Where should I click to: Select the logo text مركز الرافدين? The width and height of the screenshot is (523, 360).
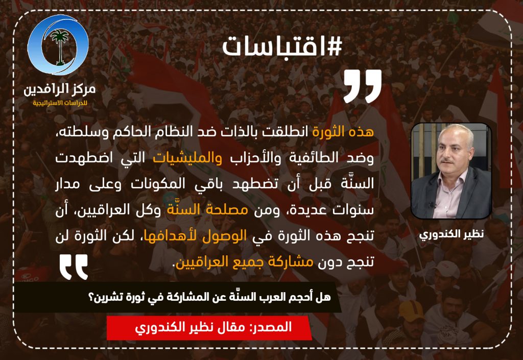(x=59, y=89)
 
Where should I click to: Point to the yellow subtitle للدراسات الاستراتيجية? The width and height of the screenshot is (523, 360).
(x=60, y=103)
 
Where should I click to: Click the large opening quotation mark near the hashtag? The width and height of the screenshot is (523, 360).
(x=363, y=86)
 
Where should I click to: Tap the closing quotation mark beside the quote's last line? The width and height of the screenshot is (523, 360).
(x=74, y=267)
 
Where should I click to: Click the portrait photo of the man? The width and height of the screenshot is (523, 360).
(x=451, y=171)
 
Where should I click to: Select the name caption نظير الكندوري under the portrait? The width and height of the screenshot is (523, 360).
(x=451, y=234)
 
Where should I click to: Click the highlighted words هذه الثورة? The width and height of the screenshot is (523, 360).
(x=343, y=132)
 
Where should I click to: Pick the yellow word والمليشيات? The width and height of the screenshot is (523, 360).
(x=187, y=157)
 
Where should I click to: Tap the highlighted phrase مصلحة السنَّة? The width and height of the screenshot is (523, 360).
(x=207, y=210)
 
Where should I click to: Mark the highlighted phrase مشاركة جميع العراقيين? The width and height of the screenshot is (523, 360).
(x=245, y=262)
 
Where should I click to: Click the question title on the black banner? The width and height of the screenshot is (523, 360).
(x=209, y=297)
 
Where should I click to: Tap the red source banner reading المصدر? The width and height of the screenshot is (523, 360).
(x=209, y=327)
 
